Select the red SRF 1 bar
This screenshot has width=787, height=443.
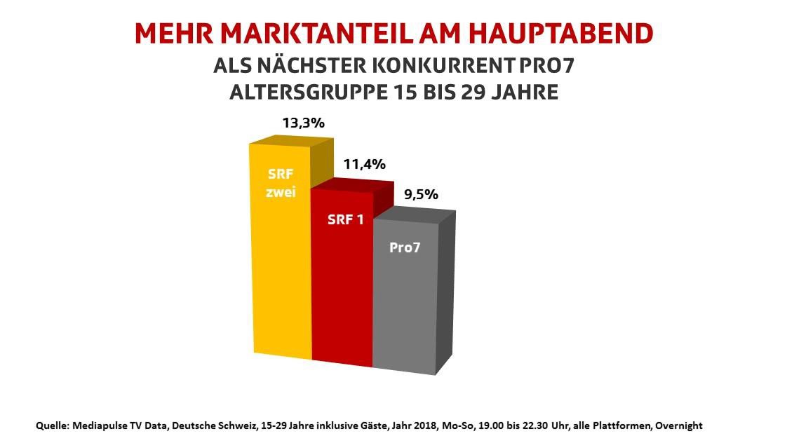pyautogui.click(x=342, y=280)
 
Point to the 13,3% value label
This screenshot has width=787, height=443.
pyautogui.click(x=303, y=123)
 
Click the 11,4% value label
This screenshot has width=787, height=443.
pyautogui.click(x=364, y=165)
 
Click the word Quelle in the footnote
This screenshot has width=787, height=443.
pyautogui.click(x=52, y=425)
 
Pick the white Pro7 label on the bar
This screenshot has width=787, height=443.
pyautogui.click(x=403, y=247)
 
